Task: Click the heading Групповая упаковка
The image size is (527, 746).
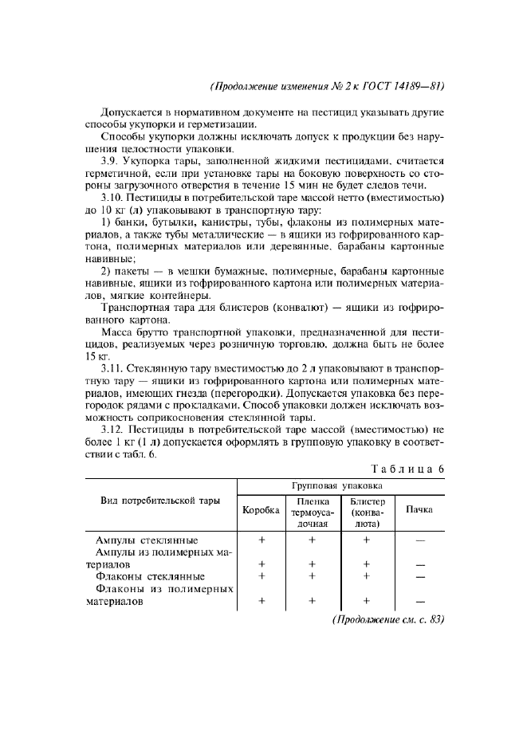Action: pyautogui.click(x=340, y=485)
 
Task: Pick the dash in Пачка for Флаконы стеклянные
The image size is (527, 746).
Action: pyautogui.click(x=420, y=575)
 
